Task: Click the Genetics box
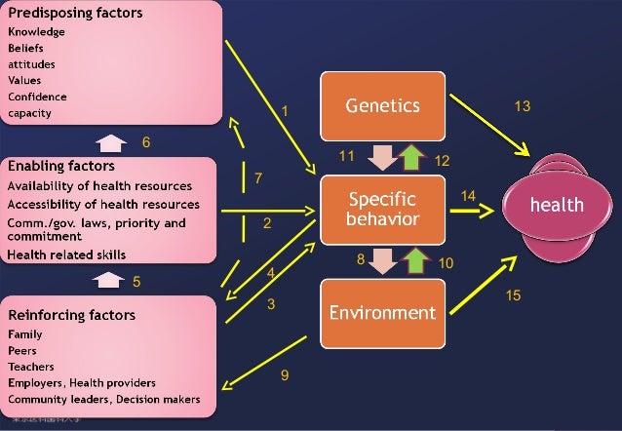pyautogui.click(x=384, y=104)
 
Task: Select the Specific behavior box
pyautogui.click(x=384, y=208)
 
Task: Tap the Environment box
pyautogui.click(x=384, y=312)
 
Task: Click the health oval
pyautogui.click(x=556, y=205)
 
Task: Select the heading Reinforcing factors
pyautogui.click(x=72, y=315)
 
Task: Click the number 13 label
pyautogui.click(x=523, y=106)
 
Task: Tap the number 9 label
pyautogui.click(x=284, y=374)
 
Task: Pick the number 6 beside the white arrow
pyautogui.click(x=146, y=142)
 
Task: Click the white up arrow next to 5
pyautogui.click(x=107, y=281)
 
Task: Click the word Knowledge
pyautogui.click(x=37, y=31)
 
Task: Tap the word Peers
pyautogui.click(x=22, y=351)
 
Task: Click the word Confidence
pyautogui.click(x=37, y=97)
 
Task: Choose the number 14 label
pyautogui.click(x=468, y=196)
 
